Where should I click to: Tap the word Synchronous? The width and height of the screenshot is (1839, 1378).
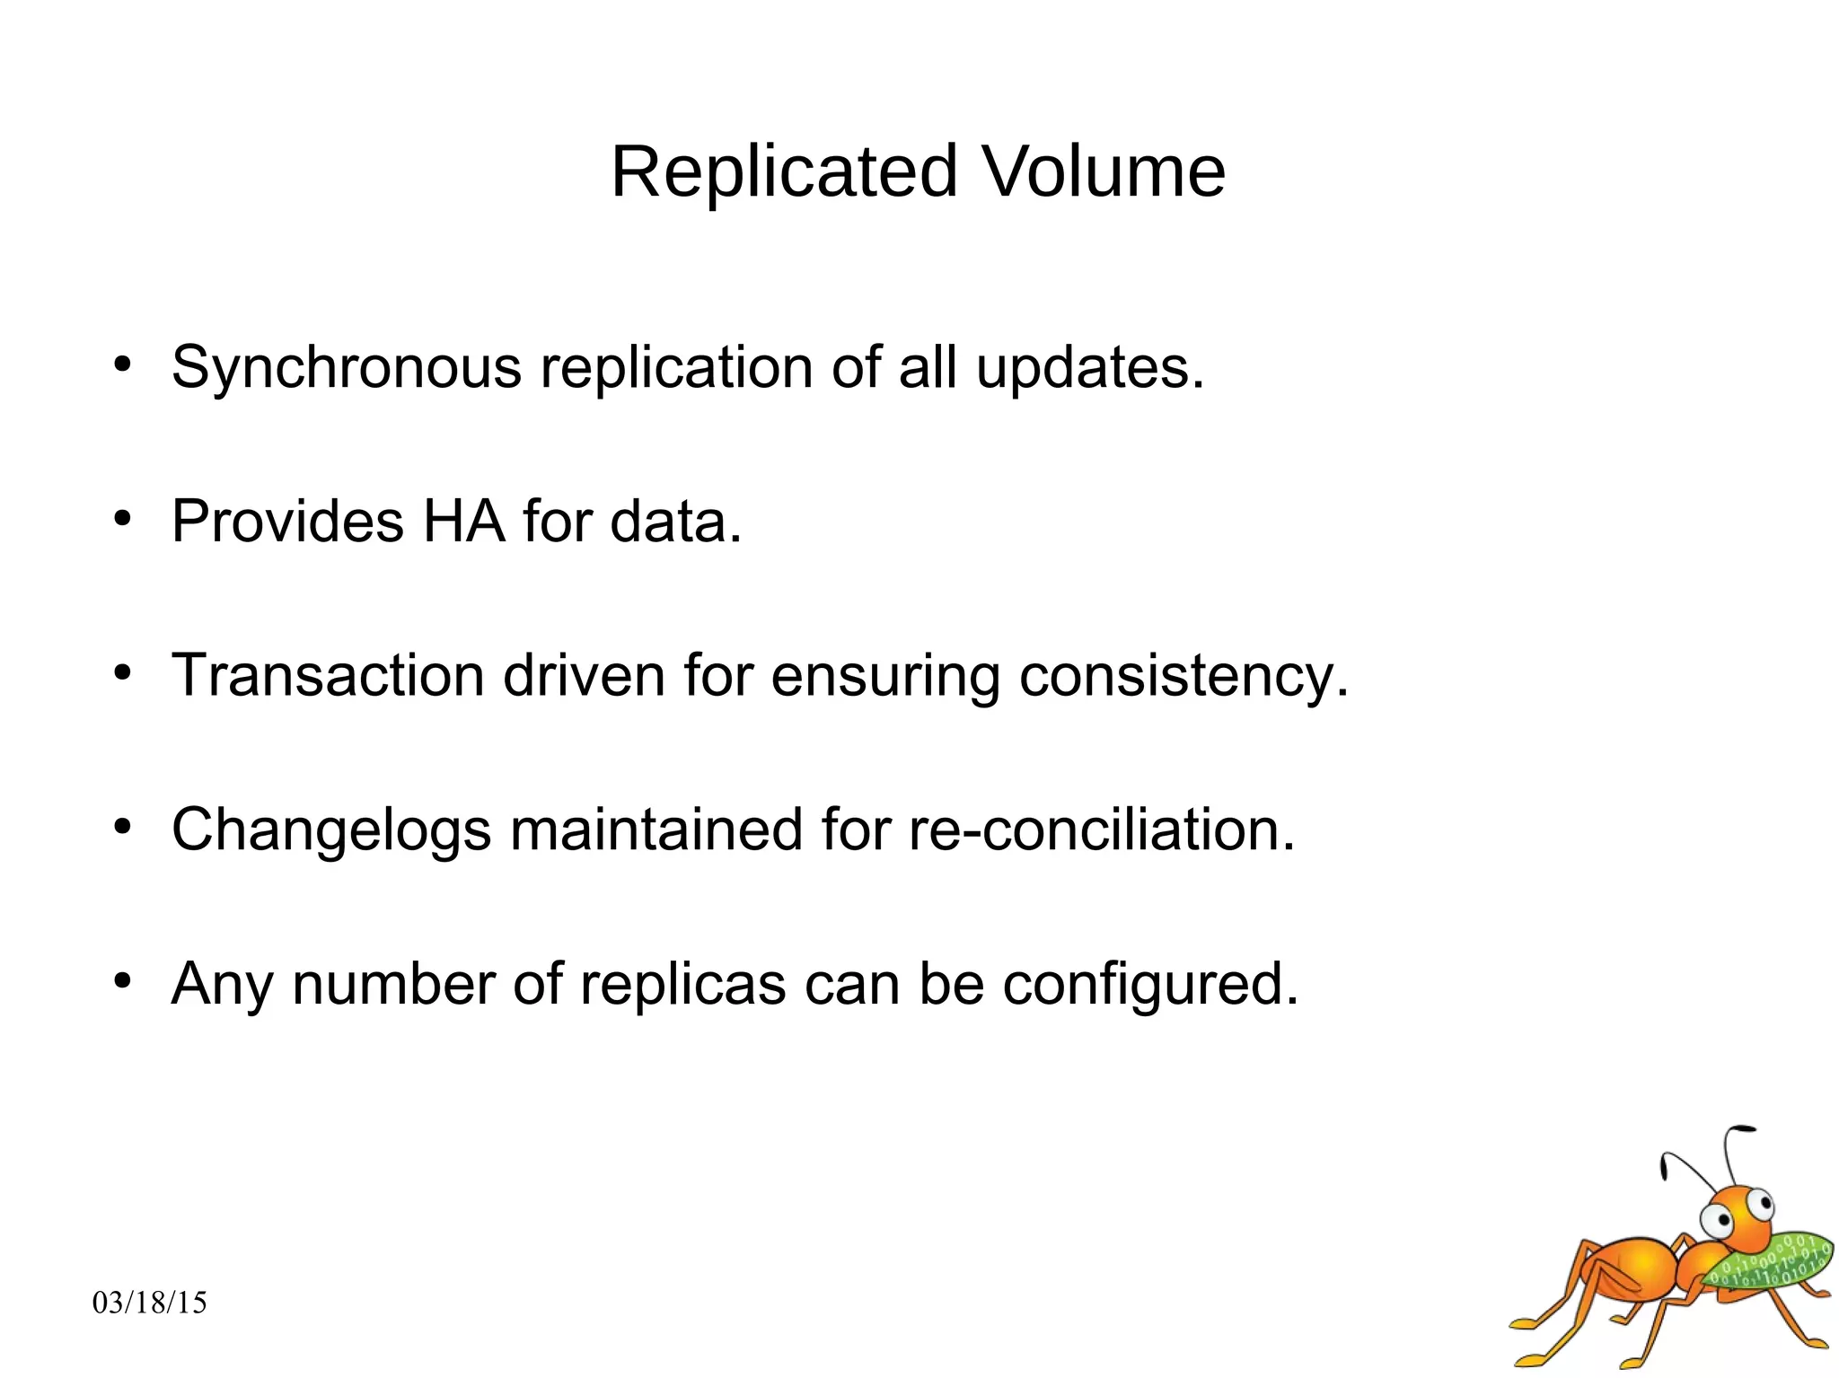click(x=346, y=368)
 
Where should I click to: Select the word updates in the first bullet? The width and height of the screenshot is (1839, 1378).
click(x=1089, y=368)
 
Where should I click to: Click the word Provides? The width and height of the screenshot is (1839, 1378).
click(x=287, y=522)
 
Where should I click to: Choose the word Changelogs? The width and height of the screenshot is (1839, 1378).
click(x=331, y=830)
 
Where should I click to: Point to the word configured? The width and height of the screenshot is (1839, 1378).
click(x=1150, y=986)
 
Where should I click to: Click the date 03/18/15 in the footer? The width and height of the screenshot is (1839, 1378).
click(x=150, y=1303)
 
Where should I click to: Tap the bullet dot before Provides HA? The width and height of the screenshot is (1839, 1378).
click(x=123, y=519)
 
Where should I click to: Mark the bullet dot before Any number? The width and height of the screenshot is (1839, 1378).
click(x=123, y=980)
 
